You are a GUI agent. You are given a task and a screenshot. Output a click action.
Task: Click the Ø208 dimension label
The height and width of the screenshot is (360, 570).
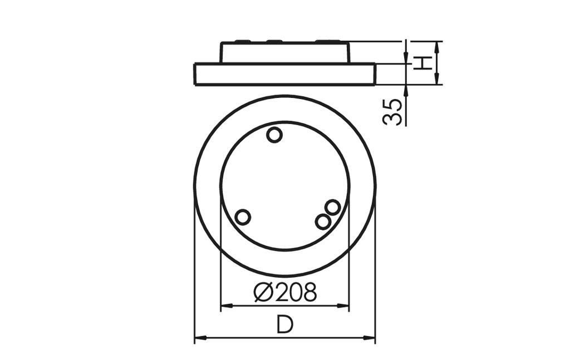[285, 292]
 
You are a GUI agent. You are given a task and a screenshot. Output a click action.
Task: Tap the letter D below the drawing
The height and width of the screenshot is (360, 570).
[285, 325]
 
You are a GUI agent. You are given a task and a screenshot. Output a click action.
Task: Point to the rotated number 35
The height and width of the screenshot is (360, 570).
[393, 111]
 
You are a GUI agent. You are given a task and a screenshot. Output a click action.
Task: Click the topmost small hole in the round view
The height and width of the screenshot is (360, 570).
[274, 135]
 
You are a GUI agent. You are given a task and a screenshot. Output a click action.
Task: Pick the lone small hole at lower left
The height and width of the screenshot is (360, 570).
[243, 217]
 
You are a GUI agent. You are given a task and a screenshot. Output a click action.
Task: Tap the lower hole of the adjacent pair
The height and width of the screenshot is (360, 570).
[322, 221]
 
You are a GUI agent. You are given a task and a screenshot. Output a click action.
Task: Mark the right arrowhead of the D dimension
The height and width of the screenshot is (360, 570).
[371, 338]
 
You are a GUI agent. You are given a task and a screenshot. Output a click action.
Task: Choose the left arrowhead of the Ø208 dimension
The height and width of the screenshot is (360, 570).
[225, 305]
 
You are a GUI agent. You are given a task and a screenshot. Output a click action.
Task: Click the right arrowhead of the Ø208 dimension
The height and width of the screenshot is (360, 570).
[345, 305]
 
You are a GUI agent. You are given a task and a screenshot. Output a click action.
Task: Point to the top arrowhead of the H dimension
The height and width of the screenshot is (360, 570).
[437, 45]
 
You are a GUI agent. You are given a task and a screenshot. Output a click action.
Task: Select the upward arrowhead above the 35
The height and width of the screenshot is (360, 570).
[406, 88]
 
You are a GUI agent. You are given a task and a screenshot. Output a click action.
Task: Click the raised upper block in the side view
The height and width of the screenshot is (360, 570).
[285, 52]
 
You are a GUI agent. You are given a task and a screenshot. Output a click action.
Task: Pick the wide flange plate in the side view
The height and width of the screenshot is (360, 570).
[285, 74]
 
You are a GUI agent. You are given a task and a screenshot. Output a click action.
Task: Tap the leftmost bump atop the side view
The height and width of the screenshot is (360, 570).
[243, 41]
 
